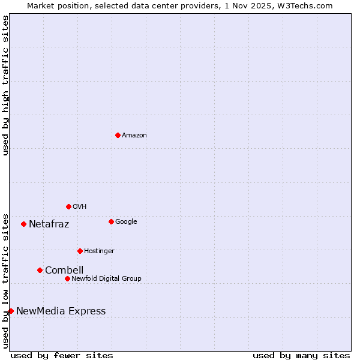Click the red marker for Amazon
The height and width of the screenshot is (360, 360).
(118, 135)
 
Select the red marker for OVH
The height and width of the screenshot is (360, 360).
(68, 206)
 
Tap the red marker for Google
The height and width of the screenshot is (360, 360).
(111, 221)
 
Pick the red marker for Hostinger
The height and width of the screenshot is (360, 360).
(80, 251)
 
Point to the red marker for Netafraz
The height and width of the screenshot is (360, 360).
(23, 224)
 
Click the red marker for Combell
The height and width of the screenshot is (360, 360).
(40, 270)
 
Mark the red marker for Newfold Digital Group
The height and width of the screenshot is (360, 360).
(67, 278)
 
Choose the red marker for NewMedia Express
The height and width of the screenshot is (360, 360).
(11, 311)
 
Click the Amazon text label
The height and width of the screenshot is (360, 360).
(134, 136)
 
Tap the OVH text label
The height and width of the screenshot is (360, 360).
(80, 207)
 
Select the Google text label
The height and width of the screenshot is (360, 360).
(126, 222)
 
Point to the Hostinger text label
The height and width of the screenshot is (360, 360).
(99, 251)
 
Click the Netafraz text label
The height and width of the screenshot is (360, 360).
(49, 224)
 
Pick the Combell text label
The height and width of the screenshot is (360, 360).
(64, 270)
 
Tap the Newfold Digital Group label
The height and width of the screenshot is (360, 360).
(106, 279)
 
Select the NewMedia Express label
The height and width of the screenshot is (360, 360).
(61, 311)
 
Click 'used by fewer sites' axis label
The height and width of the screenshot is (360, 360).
(62, 355)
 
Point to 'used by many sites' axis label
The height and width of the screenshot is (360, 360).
(301, 355)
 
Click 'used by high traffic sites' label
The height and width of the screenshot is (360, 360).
(6, 85)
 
